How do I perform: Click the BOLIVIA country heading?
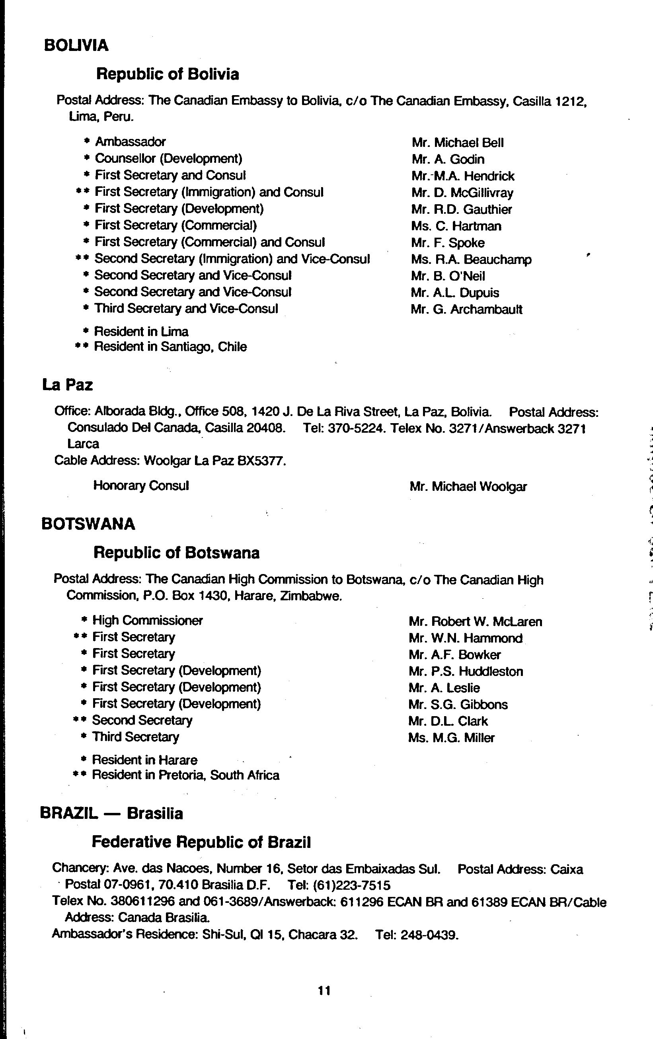click(76, 45)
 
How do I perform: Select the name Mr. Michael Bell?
click(457, 143)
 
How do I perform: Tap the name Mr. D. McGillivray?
click(462, 192)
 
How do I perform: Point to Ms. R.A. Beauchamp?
click(471, 260)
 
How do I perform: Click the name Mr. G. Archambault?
click(466, 310)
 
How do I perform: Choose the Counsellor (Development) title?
click(168, 159)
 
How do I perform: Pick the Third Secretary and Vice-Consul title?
click(186, 309)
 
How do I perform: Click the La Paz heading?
click(67, 385)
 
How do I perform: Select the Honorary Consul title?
click(141, 486)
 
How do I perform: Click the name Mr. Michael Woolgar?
click(468, 487)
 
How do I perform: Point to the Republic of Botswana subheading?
click(176, 553)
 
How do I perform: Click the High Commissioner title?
click(148, 621)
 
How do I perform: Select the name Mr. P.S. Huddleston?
click(466, 672)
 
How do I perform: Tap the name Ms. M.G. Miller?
click(451, 738)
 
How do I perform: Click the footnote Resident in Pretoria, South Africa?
click(185, 775)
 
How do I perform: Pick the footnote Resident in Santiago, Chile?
click(170, 347)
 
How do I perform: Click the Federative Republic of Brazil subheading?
click(201, 842)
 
